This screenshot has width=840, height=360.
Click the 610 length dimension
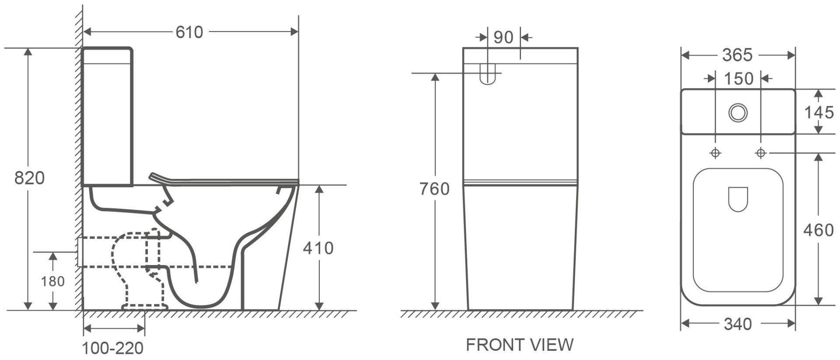pyautogui.click(x=189, y=32)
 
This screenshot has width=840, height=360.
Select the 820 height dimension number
pyautogui.click(x=29, y=178)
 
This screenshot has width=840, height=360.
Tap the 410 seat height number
pyautogui.click(x=318, y=248)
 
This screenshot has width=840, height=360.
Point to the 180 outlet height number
pyautogui.click(x=53, y=281)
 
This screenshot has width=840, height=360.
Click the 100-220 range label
pyautogui.click(x=113, y=348)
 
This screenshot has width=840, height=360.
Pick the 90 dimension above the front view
pyautogui.click(x=503, y=38)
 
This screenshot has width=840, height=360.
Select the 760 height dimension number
pyautogui.click(x=434, y=189)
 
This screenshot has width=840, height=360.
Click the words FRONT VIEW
pyautogui.click(x=519, y=345)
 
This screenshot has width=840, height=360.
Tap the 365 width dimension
pyautogui.click(x=737, y=55)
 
